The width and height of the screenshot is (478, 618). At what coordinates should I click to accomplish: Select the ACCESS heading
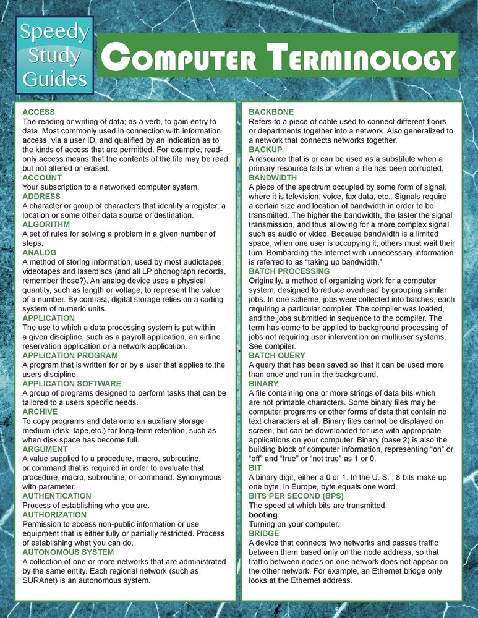pos(38,112)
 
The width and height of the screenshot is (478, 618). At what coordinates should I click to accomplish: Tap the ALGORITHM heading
pos(46,224)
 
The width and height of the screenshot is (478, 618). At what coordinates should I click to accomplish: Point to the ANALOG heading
pos(39,252)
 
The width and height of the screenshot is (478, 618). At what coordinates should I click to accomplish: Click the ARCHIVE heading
pos(40,412)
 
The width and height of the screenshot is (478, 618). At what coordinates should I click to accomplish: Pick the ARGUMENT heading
pos(45,449)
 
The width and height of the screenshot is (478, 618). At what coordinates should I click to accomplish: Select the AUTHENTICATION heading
pos(56,496)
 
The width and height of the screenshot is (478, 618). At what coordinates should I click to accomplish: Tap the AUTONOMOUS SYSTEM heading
pos(68,552)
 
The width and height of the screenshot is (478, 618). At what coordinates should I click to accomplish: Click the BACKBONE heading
pos(271,112)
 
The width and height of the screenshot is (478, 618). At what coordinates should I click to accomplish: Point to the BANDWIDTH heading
pos(272,177)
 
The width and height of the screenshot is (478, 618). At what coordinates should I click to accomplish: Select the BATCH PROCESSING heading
pos(289,271)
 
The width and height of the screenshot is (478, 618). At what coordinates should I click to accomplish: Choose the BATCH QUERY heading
pos(276,355)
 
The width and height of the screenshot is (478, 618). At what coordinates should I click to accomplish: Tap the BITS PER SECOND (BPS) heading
pos(296,496)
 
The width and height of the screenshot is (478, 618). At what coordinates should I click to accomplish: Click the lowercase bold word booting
pos(263,514)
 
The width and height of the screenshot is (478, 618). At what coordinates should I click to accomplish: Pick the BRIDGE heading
pos(264,533)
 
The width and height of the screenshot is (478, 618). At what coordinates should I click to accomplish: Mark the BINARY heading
pos(263,383)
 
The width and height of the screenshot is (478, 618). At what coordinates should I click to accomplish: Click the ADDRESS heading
pos(41,196)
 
